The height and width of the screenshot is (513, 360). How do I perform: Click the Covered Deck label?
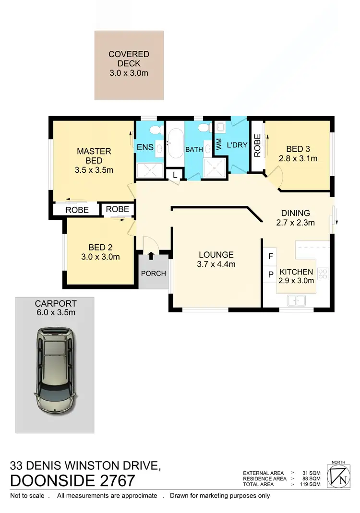129,54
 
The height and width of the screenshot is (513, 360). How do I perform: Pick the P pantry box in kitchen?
270,274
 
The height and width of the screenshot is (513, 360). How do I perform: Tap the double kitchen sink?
296,301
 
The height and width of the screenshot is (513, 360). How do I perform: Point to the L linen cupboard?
175,176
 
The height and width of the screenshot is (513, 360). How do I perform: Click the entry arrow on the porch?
152,256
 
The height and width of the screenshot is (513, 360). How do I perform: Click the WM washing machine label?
219,144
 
